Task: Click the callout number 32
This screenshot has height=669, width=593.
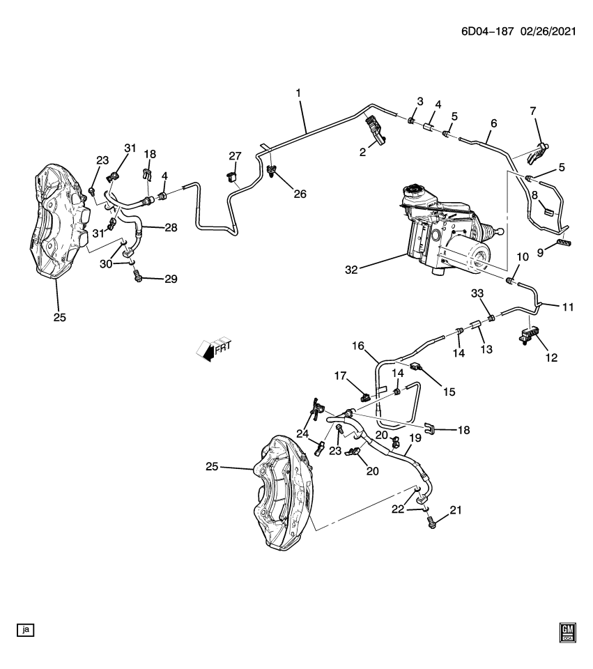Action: click(x=351, y=269)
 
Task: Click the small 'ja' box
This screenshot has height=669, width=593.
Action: click(x=26, y=630)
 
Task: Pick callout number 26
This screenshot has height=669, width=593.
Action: click(x=300, y=194)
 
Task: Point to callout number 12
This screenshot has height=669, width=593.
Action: click(x=551, y=357)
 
